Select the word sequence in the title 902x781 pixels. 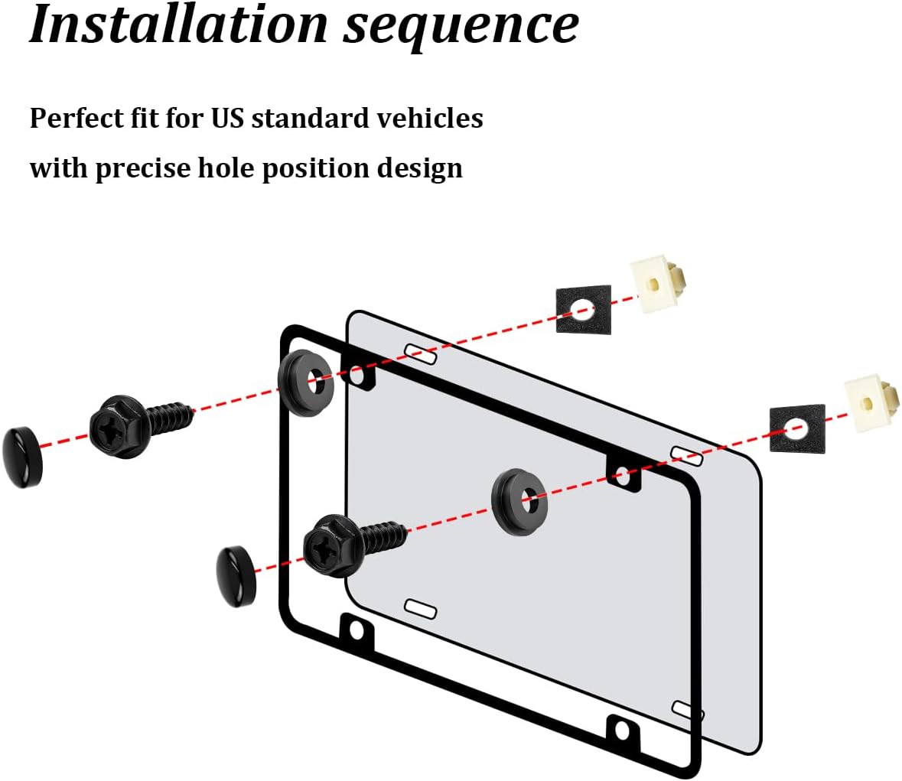[461, 28]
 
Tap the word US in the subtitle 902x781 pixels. [228, 118]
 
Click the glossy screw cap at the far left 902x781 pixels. [23, 457]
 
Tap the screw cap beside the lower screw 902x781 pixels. [236, 576]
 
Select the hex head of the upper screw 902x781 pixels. [122, 426]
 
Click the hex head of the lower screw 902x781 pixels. [334, 545]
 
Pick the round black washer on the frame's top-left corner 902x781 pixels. [306, 382]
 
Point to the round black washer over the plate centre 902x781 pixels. [519, 503]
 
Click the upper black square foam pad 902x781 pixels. [583, 309]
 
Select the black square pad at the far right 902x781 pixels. [797, 428]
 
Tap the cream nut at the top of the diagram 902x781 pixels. [658, 284]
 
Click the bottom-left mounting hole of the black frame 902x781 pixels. [357, 632]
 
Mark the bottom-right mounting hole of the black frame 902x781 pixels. [623, 731]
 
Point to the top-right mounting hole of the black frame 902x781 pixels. [623, 476]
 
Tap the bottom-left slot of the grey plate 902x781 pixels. [421, 608]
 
